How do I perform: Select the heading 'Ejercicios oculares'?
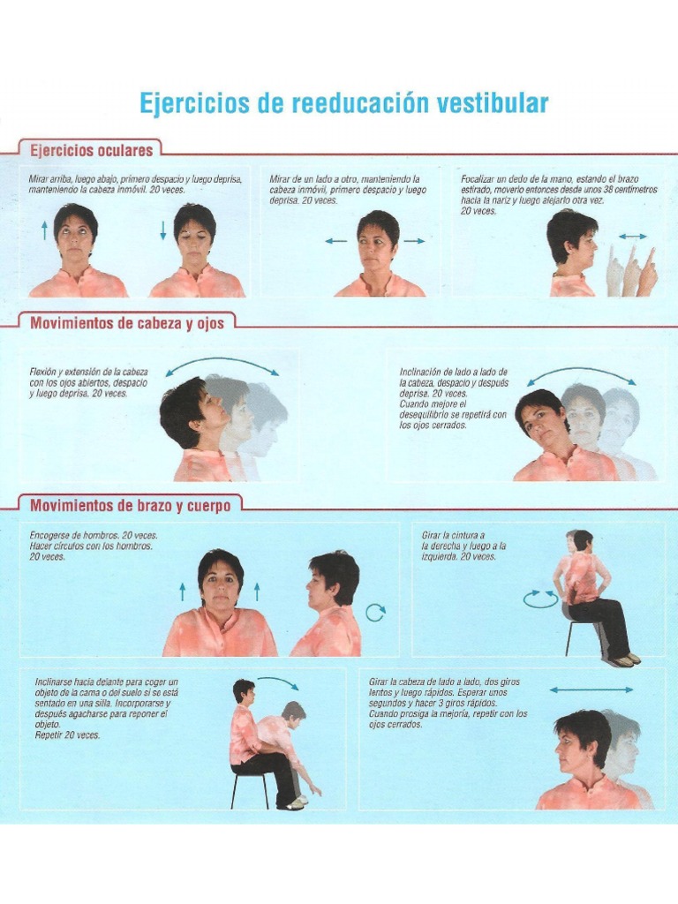point(92,149)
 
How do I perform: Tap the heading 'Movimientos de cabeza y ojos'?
point(127,323)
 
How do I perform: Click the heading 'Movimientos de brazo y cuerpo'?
point(130,506)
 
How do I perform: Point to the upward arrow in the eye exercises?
point(45,231)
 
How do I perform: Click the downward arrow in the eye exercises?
point(163,231)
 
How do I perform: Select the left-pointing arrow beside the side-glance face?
point(335,240)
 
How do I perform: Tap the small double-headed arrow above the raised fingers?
point(632,237)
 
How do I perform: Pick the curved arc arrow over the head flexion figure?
point(222,364)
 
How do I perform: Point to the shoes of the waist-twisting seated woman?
point(623,659)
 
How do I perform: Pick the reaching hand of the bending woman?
point(315,790)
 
